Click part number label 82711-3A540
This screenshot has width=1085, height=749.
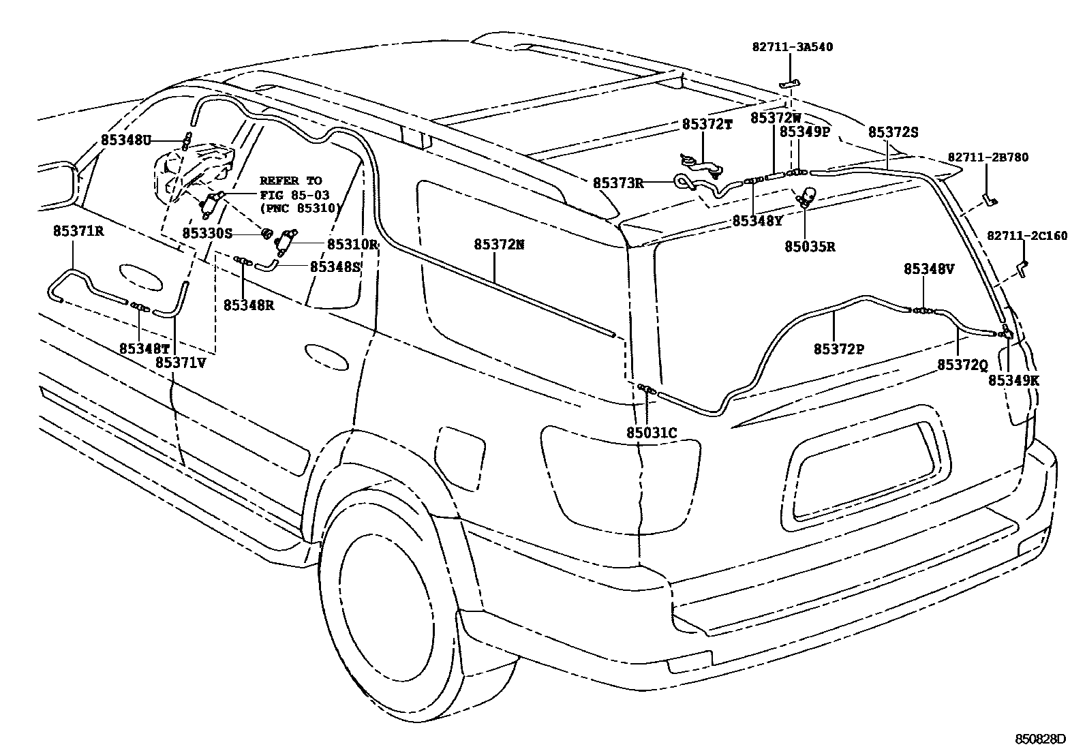click(x=792, y=47)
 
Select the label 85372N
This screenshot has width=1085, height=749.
click(x=500, y=244)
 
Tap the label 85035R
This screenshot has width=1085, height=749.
click(x=809, y=247)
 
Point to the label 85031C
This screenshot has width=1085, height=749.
click(x=652, y=432)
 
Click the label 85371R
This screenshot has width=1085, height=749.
click(x=78, y=231)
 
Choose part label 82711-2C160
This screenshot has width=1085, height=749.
click(x=1027, y=236)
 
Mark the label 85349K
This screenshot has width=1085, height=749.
click(x=1013, y=381)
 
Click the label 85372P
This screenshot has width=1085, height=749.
click(x=838, y=349)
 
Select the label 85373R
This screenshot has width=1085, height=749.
click(x=618, y=183)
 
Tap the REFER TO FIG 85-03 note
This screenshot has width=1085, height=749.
click(x=299, y=194)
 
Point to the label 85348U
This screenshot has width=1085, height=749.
click(x=125, y=140)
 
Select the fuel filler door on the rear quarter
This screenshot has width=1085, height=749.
click(x=461, y=449)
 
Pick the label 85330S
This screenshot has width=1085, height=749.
click(x=207, y=233)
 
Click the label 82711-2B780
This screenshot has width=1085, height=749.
click(x=988, y=157)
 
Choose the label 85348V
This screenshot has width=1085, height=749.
click(x=929, y=269)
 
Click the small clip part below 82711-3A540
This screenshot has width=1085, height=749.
click(x=790, y=83)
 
